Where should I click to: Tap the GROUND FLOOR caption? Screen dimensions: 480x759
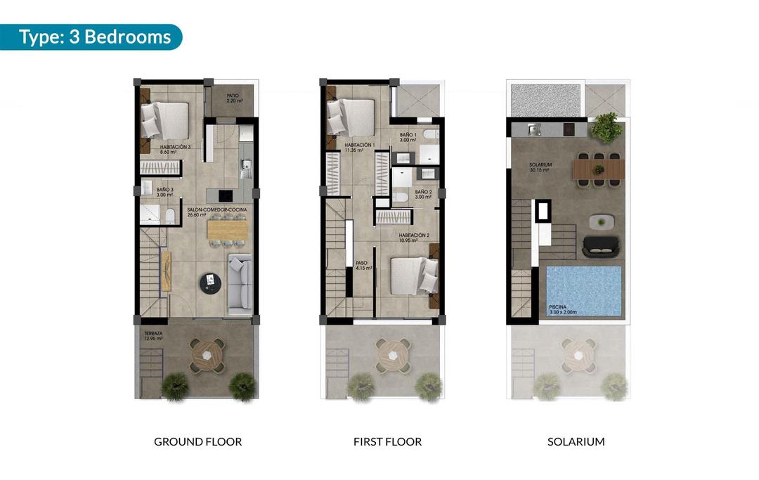(197, 442)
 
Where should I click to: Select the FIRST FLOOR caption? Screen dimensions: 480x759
(387, 442)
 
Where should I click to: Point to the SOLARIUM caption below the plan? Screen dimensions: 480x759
(576, 442)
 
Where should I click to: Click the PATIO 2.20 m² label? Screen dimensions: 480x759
(235, 98)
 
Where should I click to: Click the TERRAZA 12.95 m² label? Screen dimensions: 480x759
(153, 336)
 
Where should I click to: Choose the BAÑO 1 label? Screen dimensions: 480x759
(408, 137)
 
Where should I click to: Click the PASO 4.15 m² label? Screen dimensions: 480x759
(363, 265)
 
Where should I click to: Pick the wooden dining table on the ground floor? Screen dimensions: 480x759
(228, 230)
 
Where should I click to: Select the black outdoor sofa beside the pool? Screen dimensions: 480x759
(602, 246)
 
